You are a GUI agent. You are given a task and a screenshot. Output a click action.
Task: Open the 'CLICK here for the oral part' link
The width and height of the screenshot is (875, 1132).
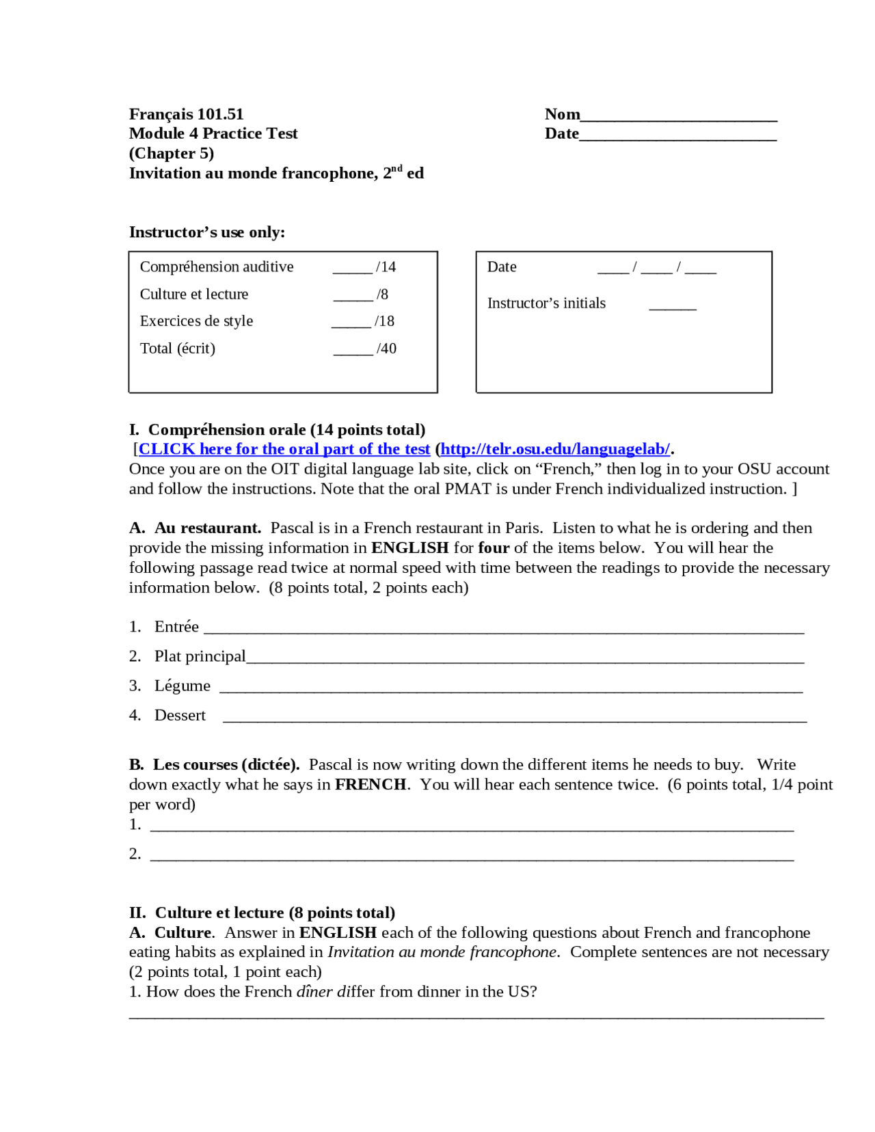pyautogui.click(x=284, y=449)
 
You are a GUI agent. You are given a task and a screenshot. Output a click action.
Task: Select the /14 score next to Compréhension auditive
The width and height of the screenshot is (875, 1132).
pyautogui.click(x=386, y=267)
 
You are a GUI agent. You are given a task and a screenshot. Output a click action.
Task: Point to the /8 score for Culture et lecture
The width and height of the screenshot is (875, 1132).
pyautogui.click(x=382, y=295)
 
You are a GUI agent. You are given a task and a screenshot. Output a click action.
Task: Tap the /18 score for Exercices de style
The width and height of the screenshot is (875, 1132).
pyautogui.click(x=384, y=321)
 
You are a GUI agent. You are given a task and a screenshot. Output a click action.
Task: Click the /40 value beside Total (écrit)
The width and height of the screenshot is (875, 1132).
pyautogui.click(x=386, y=349)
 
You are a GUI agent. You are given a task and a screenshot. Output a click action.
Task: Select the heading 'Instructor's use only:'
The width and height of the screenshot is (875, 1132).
pyautogui.click(x=207, y=232)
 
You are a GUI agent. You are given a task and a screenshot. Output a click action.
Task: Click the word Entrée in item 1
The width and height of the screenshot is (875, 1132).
pyautogui.click(x=176, y=627)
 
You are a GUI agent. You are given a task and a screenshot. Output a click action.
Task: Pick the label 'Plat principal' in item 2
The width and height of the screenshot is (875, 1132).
pyautogui.click(x=200, y=656)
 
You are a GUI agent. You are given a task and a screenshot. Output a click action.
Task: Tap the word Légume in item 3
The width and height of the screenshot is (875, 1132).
pyautogui.click(x=183, y=686)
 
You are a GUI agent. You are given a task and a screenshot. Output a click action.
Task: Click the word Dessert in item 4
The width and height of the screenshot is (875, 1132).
pyautogui.click(x=180, y=715)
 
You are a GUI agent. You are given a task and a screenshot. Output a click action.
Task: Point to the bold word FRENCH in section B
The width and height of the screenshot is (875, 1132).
pyautogui.click(x=370, y=785)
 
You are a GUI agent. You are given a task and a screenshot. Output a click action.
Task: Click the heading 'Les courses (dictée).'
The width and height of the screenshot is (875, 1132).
pyautogui.click(x=226, y=765)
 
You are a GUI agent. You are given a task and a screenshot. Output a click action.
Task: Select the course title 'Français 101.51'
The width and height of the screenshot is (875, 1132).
pyautogui.click(x=186, y=114)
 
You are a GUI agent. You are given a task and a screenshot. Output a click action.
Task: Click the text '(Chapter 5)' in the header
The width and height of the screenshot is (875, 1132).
pyautogui.click(x=172, y=153)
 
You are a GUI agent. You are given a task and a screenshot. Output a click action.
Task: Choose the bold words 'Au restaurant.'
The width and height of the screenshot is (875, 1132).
pyautogui.click(x=208, y=528)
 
